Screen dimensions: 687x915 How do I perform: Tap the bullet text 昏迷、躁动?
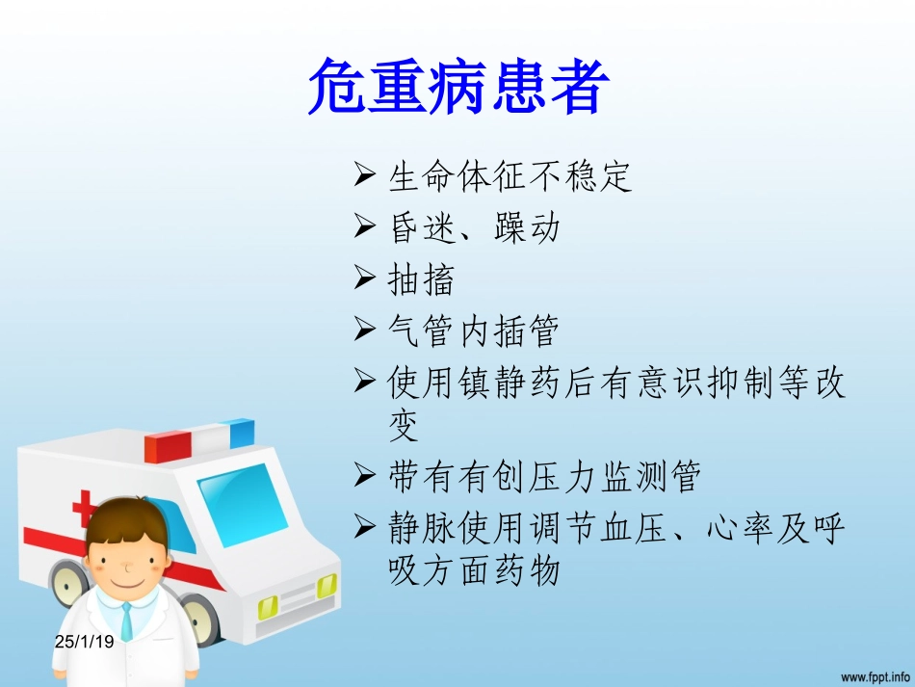(473, 228)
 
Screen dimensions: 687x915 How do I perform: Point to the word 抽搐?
(420, 280)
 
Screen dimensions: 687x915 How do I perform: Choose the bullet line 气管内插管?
(473, 332)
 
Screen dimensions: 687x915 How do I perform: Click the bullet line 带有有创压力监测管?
(544, 476)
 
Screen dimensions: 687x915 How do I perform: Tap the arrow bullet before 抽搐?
(364, 279)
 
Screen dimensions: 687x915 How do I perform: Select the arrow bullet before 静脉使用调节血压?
(364, 527)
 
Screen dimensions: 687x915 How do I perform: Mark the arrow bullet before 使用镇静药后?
(364, 383)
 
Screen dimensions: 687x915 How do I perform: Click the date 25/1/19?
(84, 639)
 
